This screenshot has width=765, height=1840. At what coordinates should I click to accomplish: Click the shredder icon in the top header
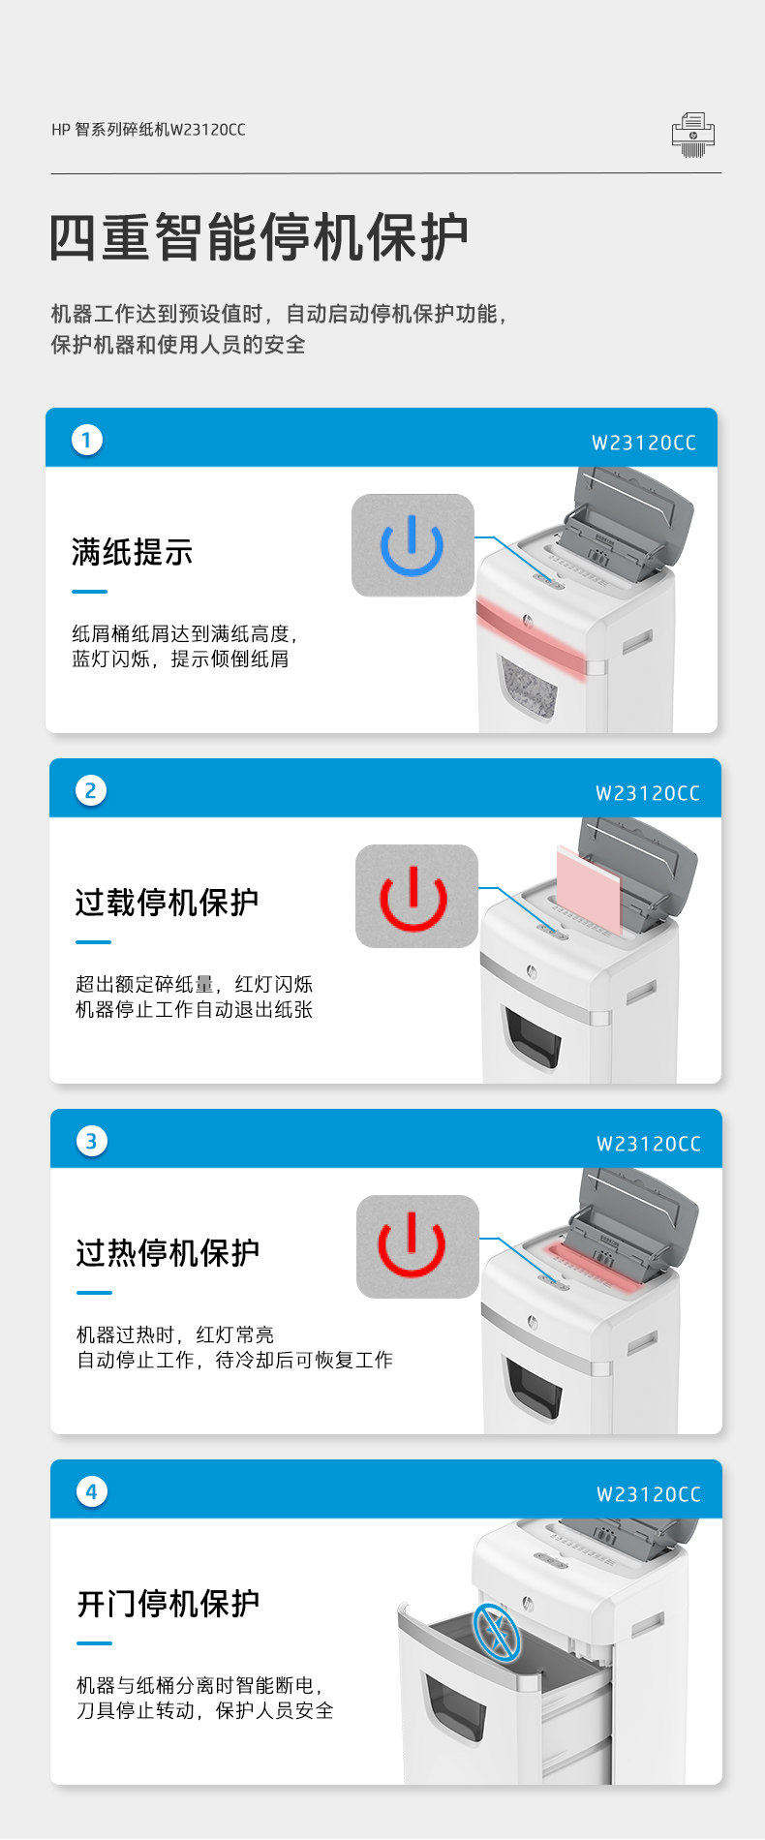click(693, 135)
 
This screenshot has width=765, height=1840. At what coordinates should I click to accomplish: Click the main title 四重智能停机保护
click(260, 237)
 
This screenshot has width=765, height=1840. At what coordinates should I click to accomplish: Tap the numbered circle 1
click(86, 440)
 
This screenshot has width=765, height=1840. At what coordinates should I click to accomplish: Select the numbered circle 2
click(90, 790)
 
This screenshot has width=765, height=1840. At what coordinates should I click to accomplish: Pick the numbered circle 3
click(91, 1141)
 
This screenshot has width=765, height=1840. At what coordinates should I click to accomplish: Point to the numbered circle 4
click(91, 1491)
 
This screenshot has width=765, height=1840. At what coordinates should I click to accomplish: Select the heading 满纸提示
click(133, 552)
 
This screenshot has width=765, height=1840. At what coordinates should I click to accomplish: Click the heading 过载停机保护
click(168, 903)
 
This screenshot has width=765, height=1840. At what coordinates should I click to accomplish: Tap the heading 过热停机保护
click(168, 1253)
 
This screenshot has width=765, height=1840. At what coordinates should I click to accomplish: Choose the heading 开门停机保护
click(168, 1604)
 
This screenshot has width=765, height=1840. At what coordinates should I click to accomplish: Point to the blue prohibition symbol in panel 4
click(497, 1632)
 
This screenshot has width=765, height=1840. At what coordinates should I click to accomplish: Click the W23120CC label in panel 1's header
click(644, 444)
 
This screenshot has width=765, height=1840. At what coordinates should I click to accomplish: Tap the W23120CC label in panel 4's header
click(648, 1495)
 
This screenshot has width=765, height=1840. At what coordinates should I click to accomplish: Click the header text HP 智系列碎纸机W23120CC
click(148, 130)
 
